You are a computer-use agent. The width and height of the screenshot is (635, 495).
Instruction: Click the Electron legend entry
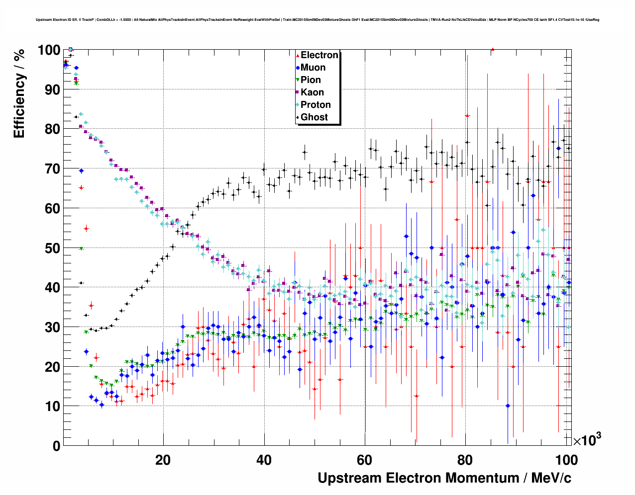(319, 55)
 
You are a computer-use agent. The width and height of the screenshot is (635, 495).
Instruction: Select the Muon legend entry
(313, 68)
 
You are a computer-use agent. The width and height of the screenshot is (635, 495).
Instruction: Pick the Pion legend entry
(311, 80)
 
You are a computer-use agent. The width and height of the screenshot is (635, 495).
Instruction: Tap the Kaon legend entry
(312, 92)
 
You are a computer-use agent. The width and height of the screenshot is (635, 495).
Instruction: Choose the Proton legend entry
(316, 105)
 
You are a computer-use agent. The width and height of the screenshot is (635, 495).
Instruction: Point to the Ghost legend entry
(314, 117)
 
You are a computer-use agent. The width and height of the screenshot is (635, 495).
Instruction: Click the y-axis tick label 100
(49, 50)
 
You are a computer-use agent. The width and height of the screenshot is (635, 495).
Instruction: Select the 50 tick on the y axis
(52, 248)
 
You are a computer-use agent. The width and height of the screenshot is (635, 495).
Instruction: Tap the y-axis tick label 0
(56, 446)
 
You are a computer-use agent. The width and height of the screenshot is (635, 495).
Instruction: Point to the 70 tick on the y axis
(52, 169)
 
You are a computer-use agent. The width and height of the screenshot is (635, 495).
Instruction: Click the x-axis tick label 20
(163, 460)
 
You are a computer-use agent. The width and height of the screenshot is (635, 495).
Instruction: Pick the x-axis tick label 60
(365, 460)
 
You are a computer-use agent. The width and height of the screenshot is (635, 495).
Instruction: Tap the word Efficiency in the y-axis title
(19, 105)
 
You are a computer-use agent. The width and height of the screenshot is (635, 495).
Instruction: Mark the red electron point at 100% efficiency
(492, 49)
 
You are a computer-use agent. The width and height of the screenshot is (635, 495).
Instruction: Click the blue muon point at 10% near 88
(508, 406)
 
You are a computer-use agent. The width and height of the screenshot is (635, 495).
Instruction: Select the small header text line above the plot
(317, 20)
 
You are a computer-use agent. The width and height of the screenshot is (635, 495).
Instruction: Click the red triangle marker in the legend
(298, 55)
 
